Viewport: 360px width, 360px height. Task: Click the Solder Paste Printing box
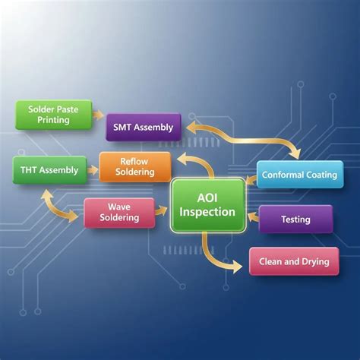coord(54,115)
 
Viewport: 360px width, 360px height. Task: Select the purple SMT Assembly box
coord(144,128)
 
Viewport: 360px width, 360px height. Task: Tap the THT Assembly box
coord(50,170)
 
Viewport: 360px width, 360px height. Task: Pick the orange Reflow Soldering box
coord(135,167)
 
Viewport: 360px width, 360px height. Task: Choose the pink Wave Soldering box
coord(119,213)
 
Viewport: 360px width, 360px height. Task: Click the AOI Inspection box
coord(207,205)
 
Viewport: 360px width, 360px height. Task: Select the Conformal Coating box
coord(300,175)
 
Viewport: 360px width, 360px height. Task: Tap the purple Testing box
coord(295,219)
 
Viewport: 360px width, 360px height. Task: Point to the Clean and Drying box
coord(294,261)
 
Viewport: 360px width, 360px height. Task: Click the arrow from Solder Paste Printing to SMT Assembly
coord(98,115)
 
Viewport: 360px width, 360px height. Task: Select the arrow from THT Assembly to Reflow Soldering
coord(93,170)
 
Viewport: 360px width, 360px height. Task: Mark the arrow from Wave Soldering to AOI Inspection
coord(161,210)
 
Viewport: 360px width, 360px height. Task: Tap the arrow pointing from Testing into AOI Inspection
coord(253,217)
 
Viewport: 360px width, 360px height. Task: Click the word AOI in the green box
coord(207,198)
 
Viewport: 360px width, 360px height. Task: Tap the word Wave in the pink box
coord(119,207)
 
